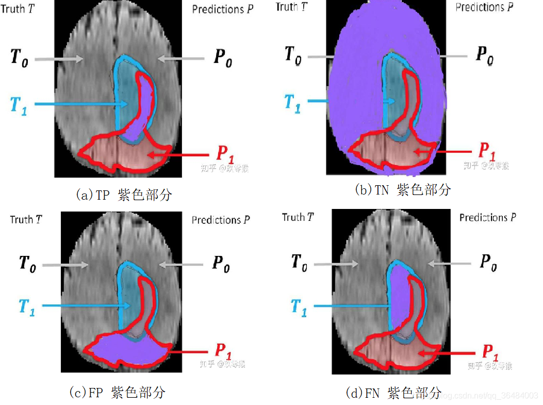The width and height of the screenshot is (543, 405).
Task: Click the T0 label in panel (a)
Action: click(x=20, y=57)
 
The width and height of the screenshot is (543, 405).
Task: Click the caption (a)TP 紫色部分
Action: click(x=123, y=195)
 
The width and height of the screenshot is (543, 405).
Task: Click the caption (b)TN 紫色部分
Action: click(x=403, y=190)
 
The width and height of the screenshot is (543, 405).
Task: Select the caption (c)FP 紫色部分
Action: click(x=117, y=392)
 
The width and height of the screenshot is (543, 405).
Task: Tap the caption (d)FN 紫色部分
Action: click(x=393, y=393)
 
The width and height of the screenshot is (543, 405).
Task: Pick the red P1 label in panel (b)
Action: click(x=487, y=150)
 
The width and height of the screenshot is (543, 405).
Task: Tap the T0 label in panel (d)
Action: click(x=299, y=262)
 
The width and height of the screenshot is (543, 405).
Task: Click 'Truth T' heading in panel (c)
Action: click(x=26, y=220)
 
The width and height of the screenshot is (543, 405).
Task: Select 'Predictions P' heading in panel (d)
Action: click(x=487, y=218)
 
